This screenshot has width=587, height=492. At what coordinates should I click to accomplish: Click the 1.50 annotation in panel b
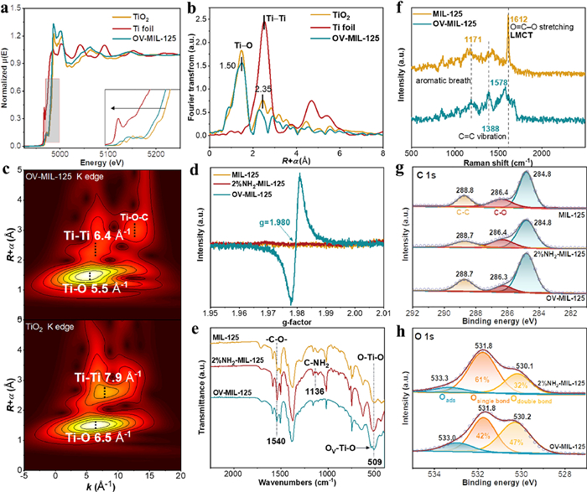pos(227,65)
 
